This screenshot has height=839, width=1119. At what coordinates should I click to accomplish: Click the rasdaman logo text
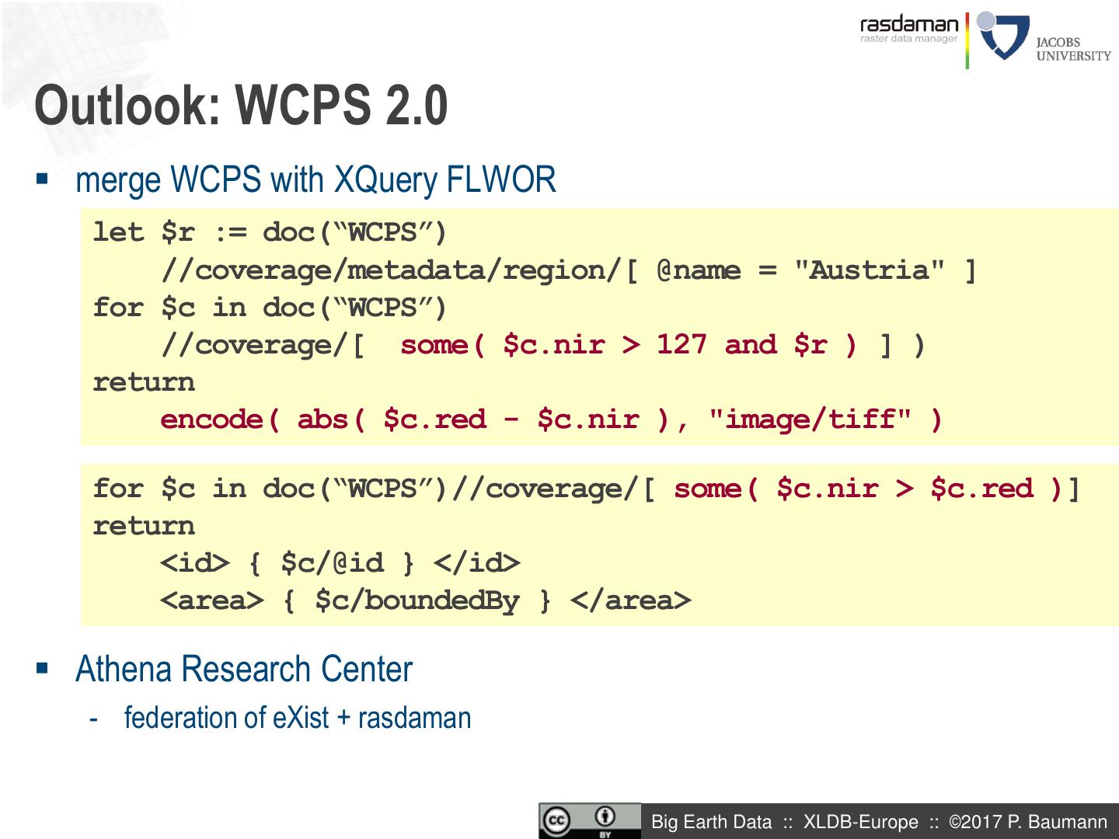(909, 24)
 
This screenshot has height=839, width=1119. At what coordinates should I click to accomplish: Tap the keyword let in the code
(118, 232)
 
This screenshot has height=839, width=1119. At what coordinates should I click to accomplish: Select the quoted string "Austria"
(870, 270)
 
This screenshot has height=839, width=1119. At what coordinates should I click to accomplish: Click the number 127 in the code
(682, 344)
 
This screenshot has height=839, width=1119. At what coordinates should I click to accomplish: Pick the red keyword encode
(220, 419)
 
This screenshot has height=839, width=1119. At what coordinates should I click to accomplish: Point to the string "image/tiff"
(810, 419)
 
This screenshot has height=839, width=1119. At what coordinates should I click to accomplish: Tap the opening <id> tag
(195, 562)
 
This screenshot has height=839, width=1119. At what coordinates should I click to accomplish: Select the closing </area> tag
(630, 600)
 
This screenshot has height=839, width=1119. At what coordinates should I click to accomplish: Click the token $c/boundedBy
(417, 600)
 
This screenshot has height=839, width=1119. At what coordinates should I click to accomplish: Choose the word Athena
(124, 669)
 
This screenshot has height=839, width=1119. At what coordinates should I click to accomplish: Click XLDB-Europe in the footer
(860, 822)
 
